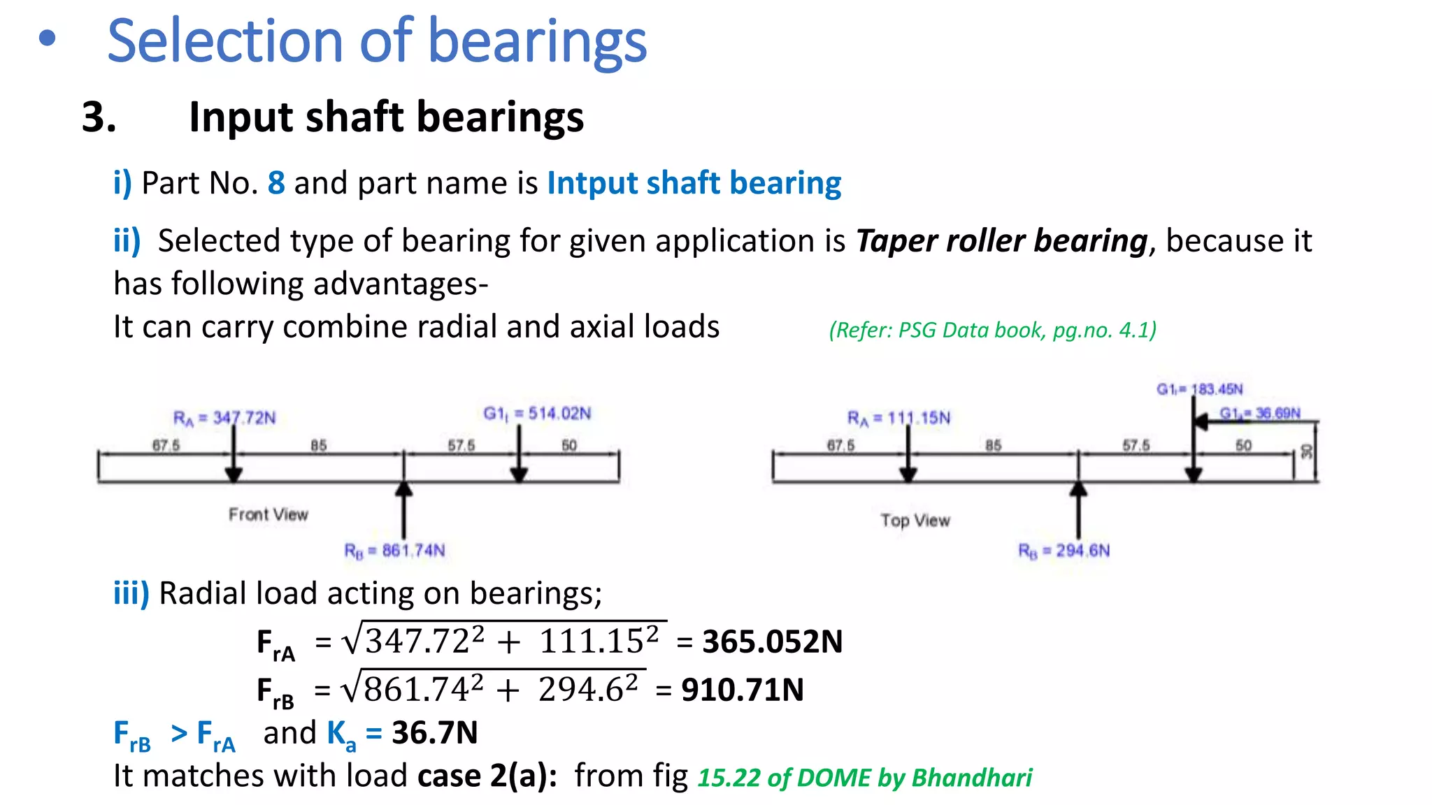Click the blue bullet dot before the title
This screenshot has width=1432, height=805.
[47, 40]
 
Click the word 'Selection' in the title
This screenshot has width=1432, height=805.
[224, 42]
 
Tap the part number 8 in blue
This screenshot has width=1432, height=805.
[276, 183]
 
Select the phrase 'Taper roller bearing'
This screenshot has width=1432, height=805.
[1001, 241]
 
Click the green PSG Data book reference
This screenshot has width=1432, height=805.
[992, 330]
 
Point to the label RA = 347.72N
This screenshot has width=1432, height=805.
[224, 418]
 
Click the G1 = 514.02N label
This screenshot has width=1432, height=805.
[537, 414]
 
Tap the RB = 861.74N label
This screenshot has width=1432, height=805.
[394, 551]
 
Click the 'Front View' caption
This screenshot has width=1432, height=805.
[268, 515]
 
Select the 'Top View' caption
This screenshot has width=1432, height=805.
[915, 521]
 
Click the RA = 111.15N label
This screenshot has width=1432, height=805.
[898, 418]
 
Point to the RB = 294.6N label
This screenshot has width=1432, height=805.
[1064, 551]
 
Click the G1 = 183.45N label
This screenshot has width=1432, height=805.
[1199, 389]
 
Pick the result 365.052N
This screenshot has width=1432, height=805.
[772, 641]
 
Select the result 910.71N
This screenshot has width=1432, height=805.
[743, 690]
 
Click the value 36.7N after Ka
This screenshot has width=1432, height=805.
[434, 733]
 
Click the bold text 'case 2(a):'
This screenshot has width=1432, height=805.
[487, 776]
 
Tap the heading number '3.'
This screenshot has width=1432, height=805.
[99, 117]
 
